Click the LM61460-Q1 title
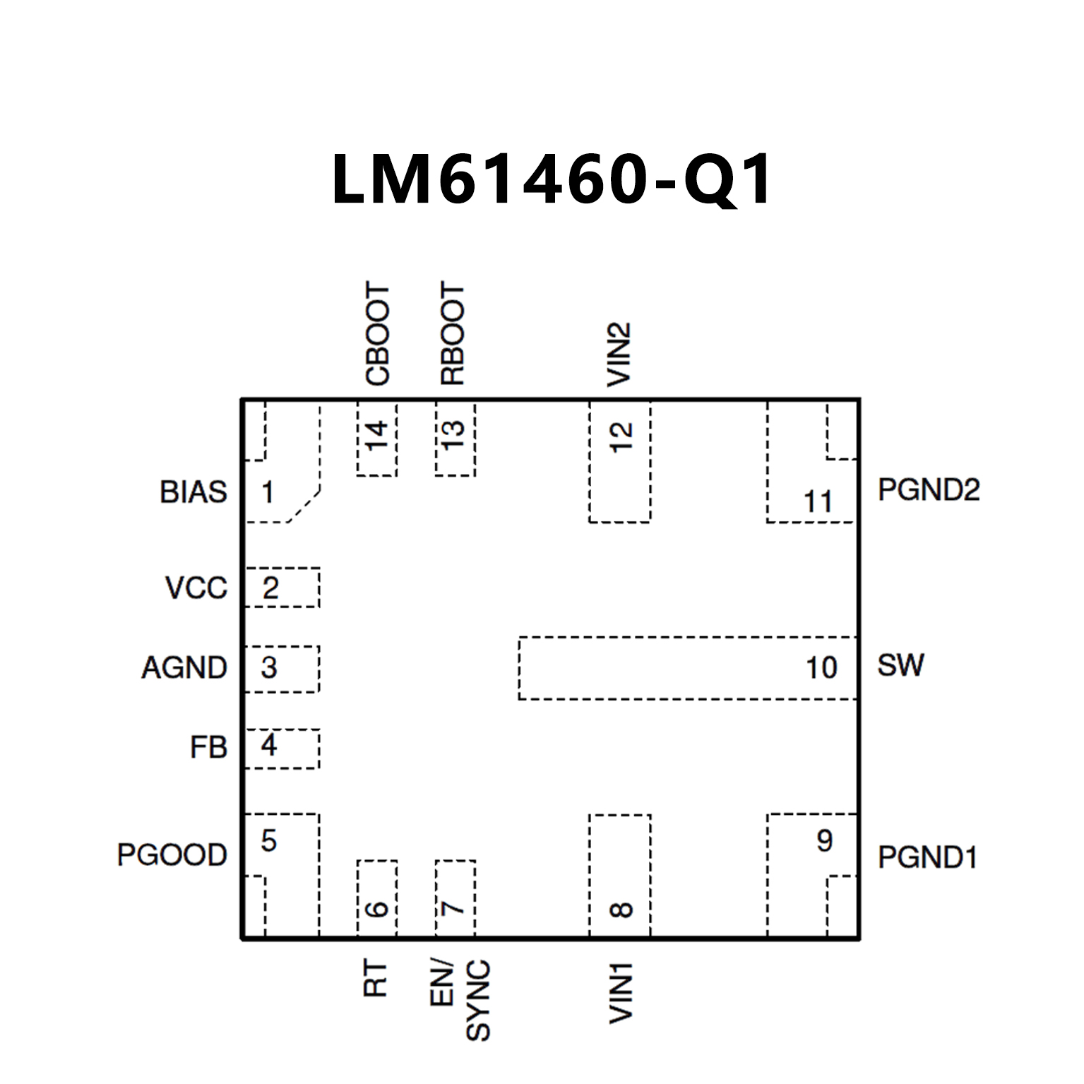[x=552, y=180]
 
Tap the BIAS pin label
[x=193, y=492]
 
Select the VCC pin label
[x=196, y=588]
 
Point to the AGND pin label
[x=184, y=667]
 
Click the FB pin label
[x=208, y=747]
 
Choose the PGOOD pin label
[x=172, y=854]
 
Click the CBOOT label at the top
[x=378, y=334]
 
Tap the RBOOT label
[x=453, y=334]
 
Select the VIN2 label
[x=619, y=355]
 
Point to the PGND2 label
[x=929, y=490]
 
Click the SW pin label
[x=900, y=665]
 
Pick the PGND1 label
[x=927, y=857]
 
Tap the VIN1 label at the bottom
[x=621, y=992]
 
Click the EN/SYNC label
[x=460, y=999]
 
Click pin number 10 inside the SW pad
[x=821, y=667]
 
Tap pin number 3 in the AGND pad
[x=269, y=667]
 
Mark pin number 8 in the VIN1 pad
[x=621, y=909]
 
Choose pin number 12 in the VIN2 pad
[x=621, y=437]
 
